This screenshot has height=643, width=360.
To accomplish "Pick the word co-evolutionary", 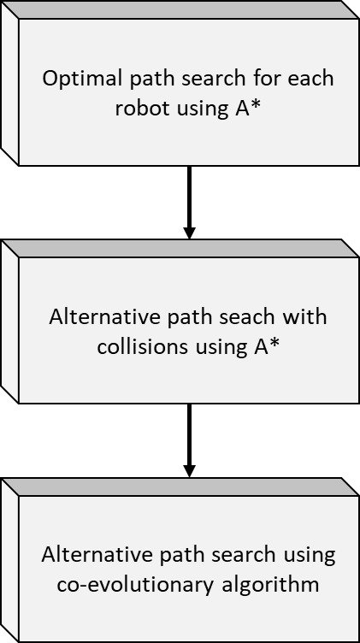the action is [135, 585].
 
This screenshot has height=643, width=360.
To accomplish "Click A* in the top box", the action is [248, 109].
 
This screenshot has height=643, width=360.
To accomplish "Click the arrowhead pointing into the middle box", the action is [189, 233].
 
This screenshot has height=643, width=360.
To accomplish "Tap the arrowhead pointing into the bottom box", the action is [189, 471].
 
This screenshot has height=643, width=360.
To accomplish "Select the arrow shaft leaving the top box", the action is [189, 196].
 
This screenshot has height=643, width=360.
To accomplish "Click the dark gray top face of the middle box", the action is [180, 249].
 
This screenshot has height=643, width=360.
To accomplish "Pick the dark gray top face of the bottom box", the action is [180, 487].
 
